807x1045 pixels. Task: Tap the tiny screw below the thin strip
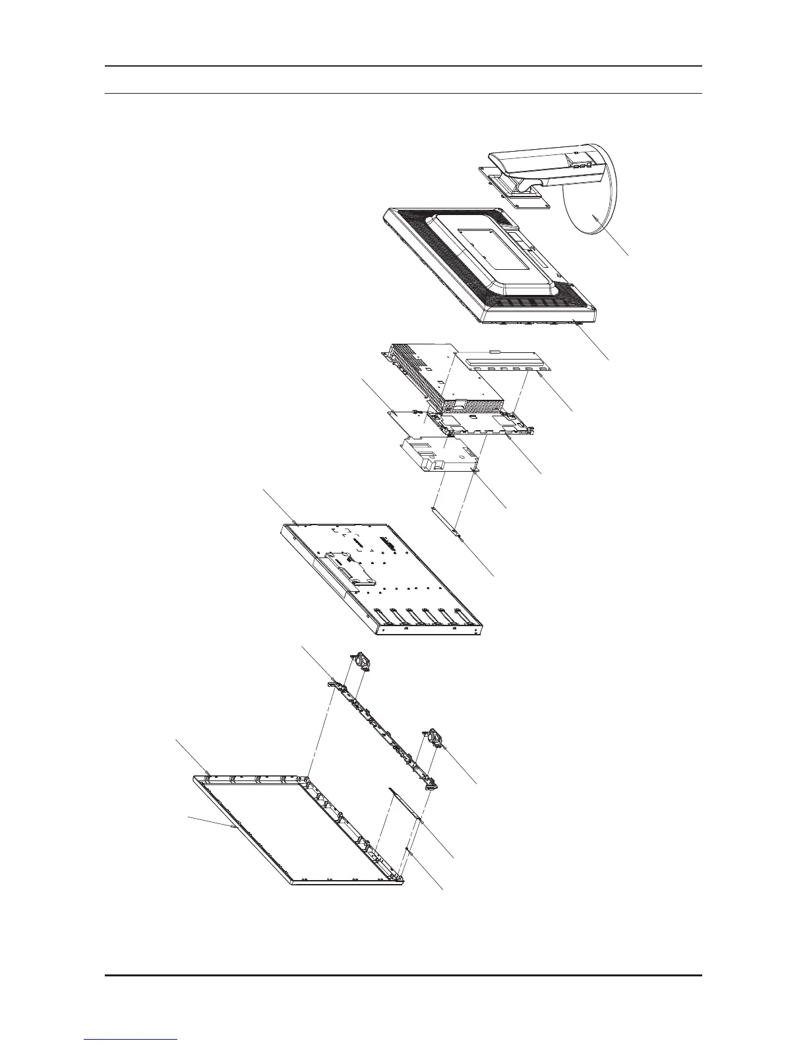410,851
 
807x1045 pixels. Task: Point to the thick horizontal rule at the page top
403,66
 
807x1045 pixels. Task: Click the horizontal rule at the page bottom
403,975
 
